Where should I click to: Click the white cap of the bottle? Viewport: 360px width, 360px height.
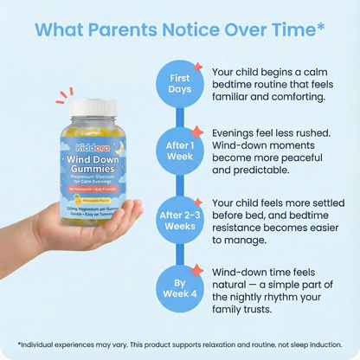(x=98, y=107)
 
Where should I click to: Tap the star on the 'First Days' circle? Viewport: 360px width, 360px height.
(x=198, y=67)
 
